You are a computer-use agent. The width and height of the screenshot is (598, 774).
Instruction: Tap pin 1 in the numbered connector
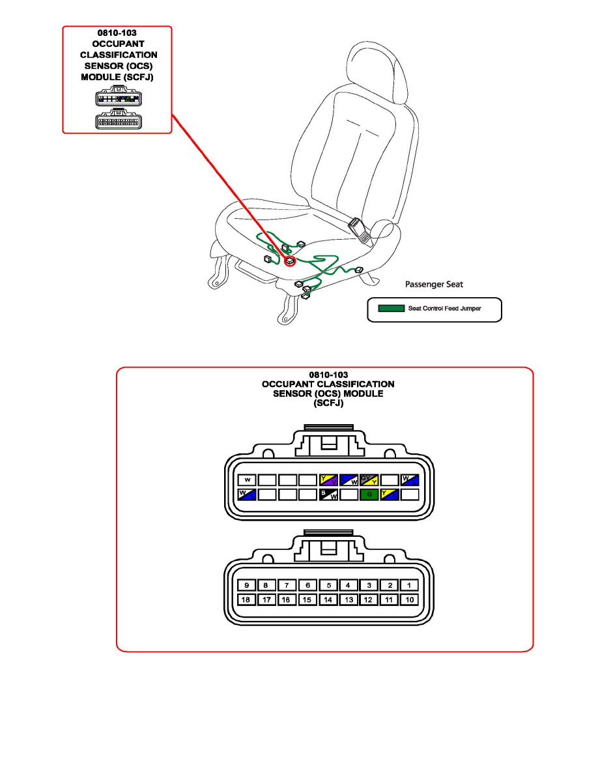click(408, 586)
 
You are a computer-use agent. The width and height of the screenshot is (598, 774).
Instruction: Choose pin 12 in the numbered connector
click(368, 599)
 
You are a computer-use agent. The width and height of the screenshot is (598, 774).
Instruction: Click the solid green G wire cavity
click(369, 494)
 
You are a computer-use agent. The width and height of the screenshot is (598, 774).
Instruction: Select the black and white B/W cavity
click(328, 494)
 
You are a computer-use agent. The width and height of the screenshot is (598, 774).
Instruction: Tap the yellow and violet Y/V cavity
click(328, 480)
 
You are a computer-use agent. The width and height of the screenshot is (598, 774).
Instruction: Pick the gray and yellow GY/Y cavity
click(369, 480)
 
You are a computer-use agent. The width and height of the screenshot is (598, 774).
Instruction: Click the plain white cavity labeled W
click(247, 480)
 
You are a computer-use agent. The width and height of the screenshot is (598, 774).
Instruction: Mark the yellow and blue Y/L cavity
click(390, 494)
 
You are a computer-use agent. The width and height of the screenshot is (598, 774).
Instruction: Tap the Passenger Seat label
click(434, 284)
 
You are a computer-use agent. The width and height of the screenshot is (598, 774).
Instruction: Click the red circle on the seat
click(289, 261)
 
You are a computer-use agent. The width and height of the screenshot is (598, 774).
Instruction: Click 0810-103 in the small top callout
click(117, 31)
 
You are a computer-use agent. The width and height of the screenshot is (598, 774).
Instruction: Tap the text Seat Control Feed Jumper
click(445, 308)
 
